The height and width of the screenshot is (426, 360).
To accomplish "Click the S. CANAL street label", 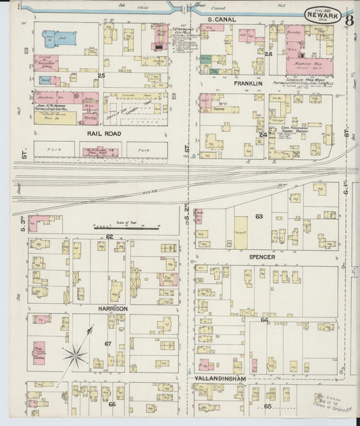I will (222, 20).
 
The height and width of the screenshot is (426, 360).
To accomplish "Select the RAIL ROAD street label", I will (103, 133).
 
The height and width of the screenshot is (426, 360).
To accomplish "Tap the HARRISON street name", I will (111, 309).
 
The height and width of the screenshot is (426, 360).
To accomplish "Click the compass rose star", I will (76, 352).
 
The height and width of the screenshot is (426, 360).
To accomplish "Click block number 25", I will (101, 76).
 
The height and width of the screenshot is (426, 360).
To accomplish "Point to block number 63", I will (258, 217).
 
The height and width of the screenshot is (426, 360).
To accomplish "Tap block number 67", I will (107, 344).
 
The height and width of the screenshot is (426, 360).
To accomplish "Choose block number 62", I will (109, 236).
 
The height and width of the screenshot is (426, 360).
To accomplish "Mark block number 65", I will (267, 406).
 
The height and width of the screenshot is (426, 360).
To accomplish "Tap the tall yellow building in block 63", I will (240, 230).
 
